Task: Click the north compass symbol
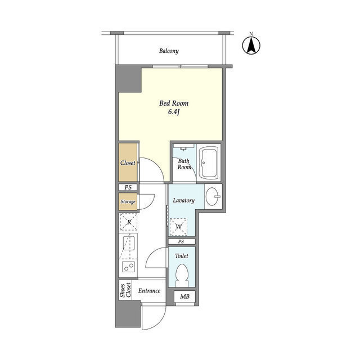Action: pos(251,46)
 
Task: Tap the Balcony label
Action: pos(169,51)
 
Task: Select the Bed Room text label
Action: pos(173,103)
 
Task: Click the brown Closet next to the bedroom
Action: pos(127,163)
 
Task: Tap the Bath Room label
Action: pos(184,163)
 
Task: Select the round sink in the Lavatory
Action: pos(213,197)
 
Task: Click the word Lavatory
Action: pos(183,200)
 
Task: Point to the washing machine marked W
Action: pos(179,226)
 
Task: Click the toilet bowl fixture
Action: pos(182,276)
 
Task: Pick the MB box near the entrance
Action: pos(184,297)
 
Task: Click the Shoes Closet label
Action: pos(125,290)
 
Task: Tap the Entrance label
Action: pos(149,291)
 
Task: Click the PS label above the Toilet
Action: pos(181,241)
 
